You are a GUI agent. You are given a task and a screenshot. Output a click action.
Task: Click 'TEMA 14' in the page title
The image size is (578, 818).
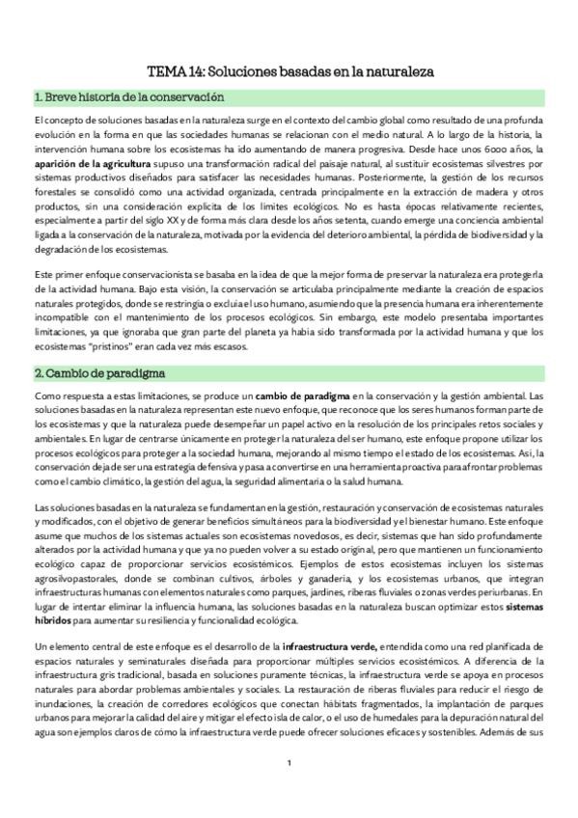click(x=172, y=71)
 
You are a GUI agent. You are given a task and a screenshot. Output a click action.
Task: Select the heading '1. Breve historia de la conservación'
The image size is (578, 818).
click(x=128, y=97)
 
